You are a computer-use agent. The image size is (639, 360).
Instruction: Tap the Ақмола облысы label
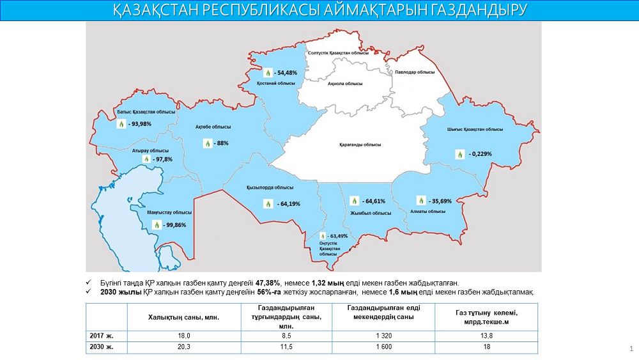coord(344,84)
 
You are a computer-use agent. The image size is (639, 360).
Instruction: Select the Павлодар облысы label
coord(414,72)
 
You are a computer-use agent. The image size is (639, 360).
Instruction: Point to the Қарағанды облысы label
coord(360,145)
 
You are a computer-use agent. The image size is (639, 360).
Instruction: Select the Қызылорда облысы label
coord(270,187)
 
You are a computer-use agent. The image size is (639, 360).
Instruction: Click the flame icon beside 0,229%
coord(459,154)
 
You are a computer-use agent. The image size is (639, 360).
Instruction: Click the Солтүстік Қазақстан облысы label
coord(338,53)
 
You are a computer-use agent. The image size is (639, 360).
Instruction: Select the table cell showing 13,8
coord(487,334)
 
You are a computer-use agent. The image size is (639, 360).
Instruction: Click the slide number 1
coord(631,348)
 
